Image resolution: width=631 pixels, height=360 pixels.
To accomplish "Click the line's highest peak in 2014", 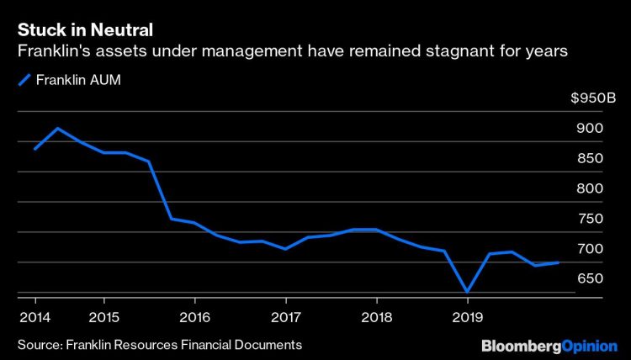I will (57, 129).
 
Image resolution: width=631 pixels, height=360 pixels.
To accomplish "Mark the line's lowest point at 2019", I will (467, 292).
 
